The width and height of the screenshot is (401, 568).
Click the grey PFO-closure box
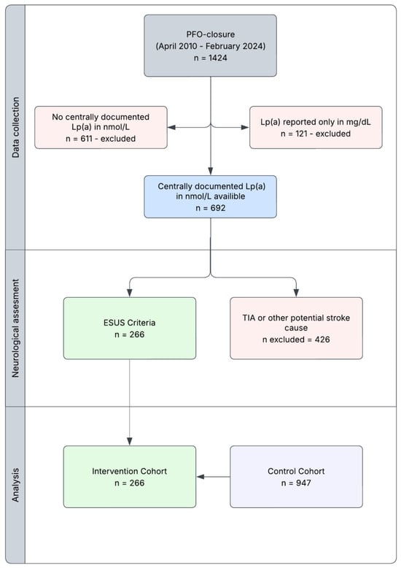pos(210,46)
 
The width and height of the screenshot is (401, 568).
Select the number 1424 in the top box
pos(217,58)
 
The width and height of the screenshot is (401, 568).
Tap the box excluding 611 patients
pos(101,128)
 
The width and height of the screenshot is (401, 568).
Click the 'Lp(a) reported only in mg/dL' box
pos(316,128)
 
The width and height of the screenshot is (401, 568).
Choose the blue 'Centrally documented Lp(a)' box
pos(210,196)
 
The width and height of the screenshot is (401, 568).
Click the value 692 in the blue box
pos(218,208)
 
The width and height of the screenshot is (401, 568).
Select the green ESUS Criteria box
pos(130,329)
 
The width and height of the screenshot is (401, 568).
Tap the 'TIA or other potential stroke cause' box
pos(296,329)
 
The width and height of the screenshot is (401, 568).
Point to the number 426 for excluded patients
pos(322,339)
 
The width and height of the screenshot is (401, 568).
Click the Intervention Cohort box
pos(130,477)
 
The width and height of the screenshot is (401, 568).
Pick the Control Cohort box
pos(296,477)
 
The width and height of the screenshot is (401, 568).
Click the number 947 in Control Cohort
pos(303,483)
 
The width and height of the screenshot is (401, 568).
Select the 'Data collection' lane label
pos(15,128)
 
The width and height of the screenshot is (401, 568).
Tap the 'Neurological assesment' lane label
pos(15,329)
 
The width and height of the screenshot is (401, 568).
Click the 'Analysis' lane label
pos(15,485)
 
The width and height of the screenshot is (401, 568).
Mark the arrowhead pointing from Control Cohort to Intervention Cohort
pos(200,477)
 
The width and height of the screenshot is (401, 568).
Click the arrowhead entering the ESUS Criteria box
pos(130,293)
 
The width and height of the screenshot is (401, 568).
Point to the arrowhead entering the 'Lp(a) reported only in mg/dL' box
pos(245,128)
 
